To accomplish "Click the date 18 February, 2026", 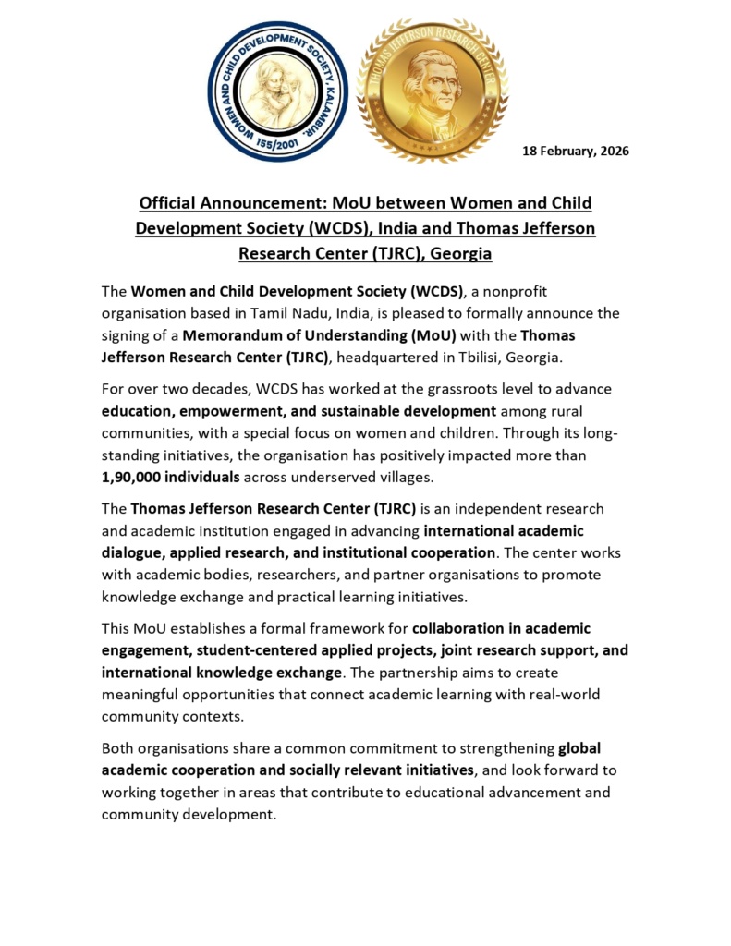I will pyautogui.click(x=576, y=151).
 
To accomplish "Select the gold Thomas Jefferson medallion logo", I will pyautogui.click(x=432, y=91).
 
